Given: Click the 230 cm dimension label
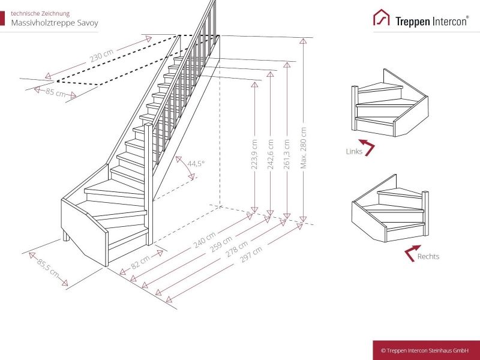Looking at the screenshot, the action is pyautogui.click(x=101, y=55).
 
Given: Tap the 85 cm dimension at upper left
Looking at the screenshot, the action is pyautogui.click(x=56, y=92).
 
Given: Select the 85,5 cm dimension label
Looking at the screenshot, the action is pyautogui.click(x=48, y=268).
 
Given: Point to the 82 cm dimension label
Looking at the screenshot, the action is pyautogui.click(x=141, y=262).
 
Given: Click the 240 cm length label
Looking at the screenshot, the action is pyautogui.click(x=205, y=241).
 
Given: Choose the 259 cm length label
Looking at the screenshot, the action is pyautogui.click(x=221, y=244).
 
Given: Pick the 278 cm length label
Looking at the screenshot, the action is pyautogui.click(x=236, y=249).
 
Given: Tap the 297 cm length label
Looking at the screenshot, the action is pyautogui.click(x=251, y=254).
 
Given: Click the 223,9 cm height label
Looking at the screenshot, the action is pyautogui.click(x=254, y=154).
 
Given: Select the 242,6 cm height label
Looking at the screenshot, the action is pyautogui.click(x=271, y=154).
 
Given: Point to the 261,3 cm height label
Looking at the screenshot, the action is pyautogui.click(x=287, y=154).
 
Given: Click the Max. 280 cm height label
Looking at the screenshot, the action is pyautogui.click(x=304, y=148).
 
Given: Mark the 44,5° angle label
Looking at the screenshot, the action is pyautogui.click(x=196, y=163).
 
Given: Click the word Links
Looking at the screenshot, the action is pyautogui.click(x=354, y=151).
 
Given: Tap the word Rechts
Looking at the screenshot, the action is pyautogui.click(x=428, y=257).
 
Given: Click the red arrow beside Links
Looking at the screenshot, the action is pyautogui.click(x=367, y=147).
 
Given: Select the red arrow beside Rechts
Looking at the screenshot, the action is pyautogui.click(x=412, y=253).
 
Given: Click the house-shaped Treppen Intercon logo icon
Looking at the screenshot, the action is pyautogui.click(x=382, y=17).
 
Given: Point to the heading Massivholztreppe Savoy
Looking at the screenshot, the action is pyautogui.click(x=55, y=23).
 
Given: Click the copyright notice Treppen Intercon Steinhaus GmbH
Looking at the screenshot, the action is pyautogui.click(x=425, y=350).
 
